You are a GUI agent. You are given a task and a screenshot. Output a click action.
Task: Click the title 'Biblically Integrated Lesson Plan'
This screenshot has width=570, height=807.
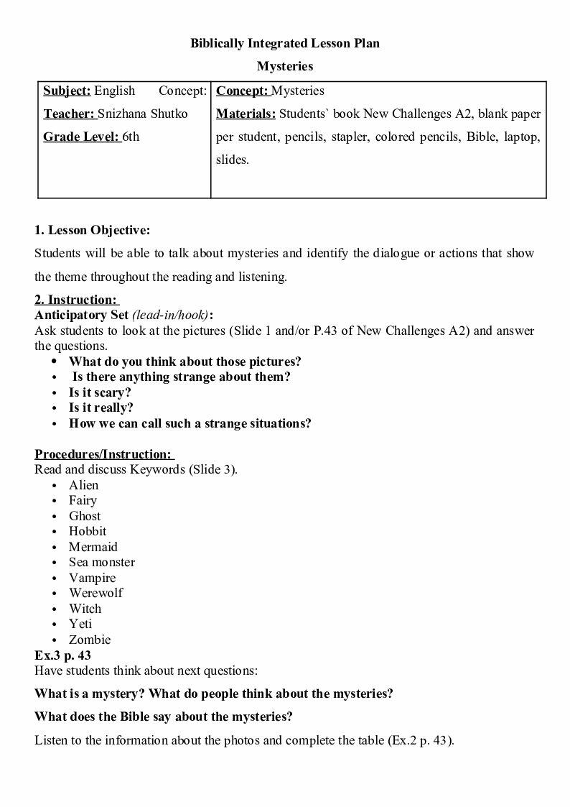[x=285, y=43]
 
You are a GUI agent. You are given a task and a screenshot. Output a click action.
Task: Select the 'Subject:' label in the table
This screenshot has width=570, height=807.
[x=67, y=91]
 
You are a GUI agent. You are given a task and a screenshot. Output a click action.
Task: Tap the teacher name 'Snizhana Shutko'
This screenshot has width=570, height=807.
[x=142, y=114]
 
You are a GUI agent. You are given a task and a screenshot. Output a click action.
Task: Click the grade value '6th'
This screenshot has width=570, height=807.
[x=131, y=137]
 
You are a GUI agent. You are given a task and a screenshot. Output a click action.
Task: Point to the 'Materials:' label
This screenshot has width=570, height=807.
[x=246, y=114]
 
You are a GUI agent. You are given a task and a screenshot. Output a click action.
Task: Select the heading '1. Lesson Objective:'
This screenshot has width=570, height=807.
[x=93, y=231]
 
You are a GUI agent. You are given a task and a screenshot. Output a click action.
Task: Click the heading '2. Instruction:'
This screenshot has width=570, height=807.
[x=76, y=300]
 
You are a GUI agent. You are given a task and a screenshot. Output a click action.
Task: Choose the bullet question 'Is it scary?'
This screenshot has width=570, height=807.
[x=100, y=392]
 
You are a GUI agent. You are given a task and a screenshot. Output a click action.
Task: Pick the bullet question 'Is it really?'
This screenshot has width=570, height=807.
[x=101, y=408]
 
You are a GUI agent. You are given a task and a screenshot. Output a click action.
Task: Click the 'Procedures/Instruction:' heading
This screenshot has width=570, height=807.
[x=103, y=454]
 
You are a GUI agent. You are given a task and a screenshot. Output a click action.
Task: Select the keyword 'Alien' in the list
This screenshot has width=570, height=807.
[x=83, y=485]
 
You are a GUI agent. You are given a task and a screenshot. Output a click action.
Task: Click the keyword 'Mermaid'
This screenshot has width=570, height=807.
[x=93, y=547]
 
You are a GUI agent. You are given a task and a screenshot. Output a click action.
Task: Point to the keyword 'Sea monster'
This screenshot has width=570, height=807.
[x=101, y=562]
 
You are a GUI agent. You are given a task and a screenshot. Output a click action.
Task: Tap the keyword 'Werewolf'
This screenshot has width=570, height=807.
[x=95, y=593]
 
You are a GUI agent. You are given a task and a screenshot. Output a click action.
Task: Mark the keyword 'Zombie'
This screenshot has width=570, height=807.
[x=90, y=640]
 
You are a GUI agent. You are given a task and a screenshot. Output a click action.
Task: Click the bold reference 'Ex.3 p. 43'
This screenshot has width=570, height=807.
[x=62, y=655]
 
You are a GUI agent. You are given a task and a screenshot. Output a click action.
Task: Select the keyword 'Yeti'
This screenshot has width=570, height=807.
[x=80, y=624]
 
